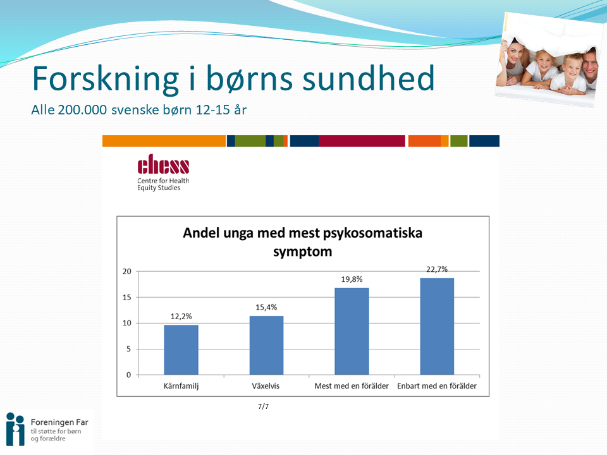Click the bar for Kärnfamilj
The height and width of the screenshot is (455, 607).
(x=181, y=349)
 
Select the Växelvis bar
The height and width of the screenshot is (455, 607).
(x=266, y=345)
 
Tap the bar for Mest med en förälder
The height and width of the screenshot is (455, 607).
(x=352, y=331)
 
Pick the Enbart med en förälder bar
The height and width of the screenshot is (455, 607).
(x=437, y=326)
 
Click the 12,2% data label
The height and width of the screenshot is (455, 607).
(x=181, y=316)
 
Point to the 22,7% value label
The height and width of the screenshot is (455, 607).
(x=437, y=269)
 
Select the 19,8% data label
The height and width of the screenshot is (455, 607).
(x=352, y=279)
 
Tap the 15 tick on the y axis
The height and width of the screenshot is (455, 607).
(x=127, y=297)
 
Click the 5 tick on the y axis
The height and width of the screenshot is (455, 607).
(x=128, y=349)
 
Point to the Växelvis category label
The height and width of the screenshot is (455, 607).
(x=266, y=385)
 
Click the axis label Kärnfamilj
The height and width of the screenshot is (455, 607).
(x=181, y=385)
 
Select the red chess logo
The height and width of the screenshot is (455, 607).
(x=163, y=164)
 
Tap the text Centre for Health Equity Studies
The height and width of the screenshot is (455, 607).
(x=163, y=184)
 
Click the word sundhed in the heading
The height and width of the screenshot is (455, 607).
(x=368, y=78)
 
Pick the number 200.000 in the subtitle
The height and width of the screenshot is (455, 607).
(x=82, y=109)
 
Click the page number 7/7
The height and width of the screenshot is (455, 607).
(x=263, y=406)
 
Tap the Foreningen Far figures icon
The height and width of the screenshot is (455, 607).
(x=15, y=429)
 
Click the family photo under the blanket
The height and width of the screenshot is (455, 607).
(x=549, y=60)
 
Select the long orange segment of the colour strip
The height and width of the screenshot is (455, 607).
(x=164, y=141)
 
